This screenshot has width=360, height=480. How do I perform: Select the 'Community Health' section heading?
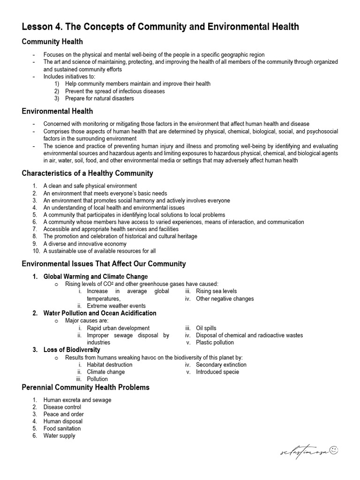pyautogui.click(x=52, y=42)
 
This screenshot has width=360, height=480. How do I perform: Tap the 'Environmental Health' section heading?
pyautogui.click(x=57, y=111)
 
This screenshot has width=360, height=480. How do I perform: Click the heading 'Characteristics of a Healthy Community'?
pyautogui.click(x=87, y=173)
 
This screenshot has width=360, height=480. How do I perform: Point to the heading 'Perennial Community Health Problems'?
pyautogui.click(x=86, y=387)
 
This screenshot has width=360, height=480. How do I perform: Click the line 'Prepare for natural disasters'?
pyautogui.click(x=99, y=98)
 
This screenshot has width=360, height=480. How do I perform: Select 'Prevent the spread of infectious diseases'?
pyautogui.click(x=115, y=91)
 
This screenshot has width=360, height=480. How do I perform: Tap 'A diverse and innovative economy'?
pyautogui.click(x=85, y=244)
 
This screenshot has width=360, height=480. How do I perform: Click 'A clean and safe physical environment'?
pyautogui.click(x=90, y=186)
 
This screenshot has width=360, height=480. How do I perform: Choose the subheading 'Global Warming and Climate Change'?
pyautogui.click(x=96, y=277)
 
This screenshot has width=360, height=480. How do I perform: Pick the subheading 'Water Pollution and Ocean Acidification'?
pyautogui.click(x=100, y=313)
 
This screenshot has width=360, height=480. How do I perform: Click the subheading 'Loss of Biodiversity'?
pyautogui.click(x=72, y=350)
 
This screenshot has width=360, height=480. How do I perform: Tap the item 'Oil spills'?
pyautogui.click(x=206, y=328)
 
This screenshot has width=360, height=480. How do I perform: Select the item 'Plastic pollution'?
pyautogui.click(x=215, y=342)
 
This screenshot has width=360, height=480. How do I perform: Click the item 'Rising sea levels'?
pyautogui.click(x=216, y=291)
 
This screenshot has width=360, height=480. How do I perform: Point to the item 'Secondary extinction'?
pyautogui.click(x=221, y=365)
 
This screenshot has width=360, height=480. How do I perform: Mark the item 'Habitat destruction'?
pyautogui.click(x=110, y=365)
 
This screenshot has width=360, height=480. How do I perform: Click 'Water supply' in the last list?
pyautogui.click(x=59, y=435)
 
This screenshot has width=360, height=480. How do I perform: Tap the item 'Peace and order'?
pyautogui.click(x=64, y=414)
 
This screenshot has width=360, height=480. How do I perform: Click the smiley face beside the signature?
pyautogui.click(x=334, y=450)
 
